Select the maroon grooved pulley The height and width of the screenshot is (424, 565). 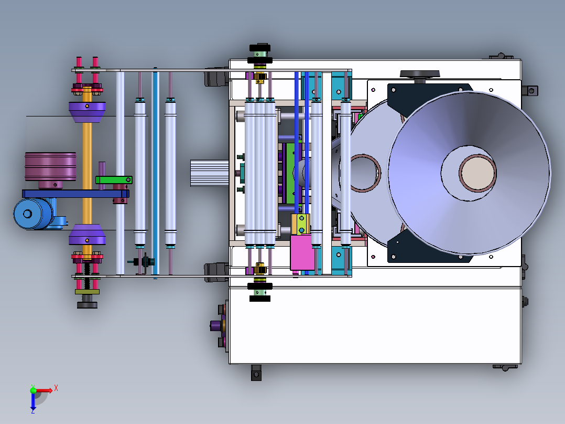[x=50, y=167]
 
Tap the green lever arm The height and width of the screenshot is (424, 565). [x=114, y=179]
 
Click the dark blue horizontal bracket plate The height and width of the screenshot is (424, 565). [x=75, y=194]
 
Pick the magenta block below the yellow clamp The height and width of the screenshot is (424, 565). [x=302, y=252]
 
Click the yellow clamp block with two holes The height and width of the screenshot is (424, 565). [x=300, y=224]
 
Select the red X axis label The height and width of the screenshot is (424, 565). [x=56, y=388]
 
